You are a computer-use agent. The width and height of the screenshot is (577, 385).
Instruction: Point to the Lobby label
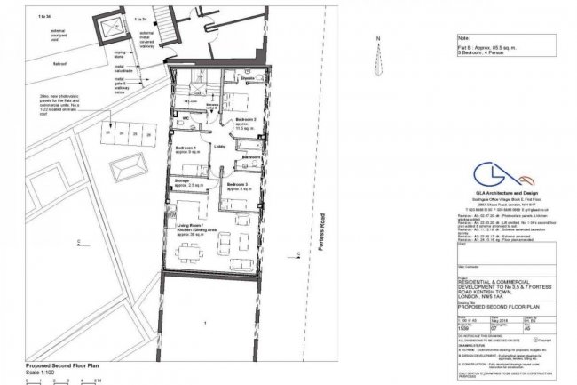pos(218,148)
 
